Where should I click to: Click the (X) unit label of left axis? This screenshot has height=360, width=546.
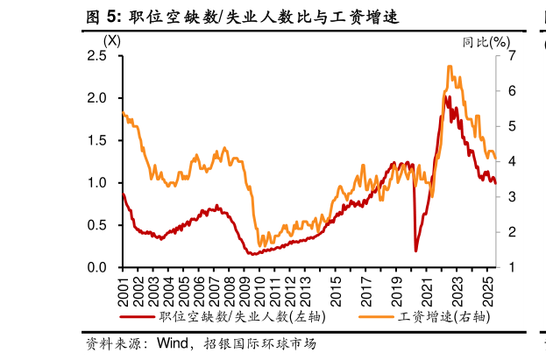(x=112, y=40)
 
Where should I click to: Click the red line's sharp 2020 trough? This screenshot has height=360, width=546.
(x=415, y=251)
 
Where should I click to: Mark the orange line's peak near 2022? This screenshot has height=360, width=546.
(x=450, y=67)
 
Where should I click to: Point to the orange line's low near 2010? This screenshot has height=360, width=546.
(x=259, y=245)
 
